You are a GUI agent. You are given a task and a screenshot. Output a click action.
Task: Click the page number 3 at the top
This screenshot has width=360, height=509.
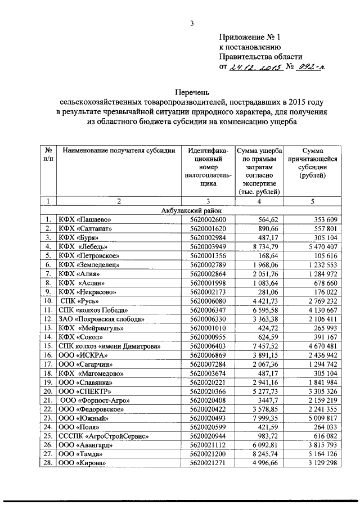[x=192, y=23]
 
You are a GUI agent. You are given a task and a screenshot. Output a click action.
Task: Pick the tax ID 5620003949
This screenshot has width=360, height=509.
[x=208, y=246]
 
